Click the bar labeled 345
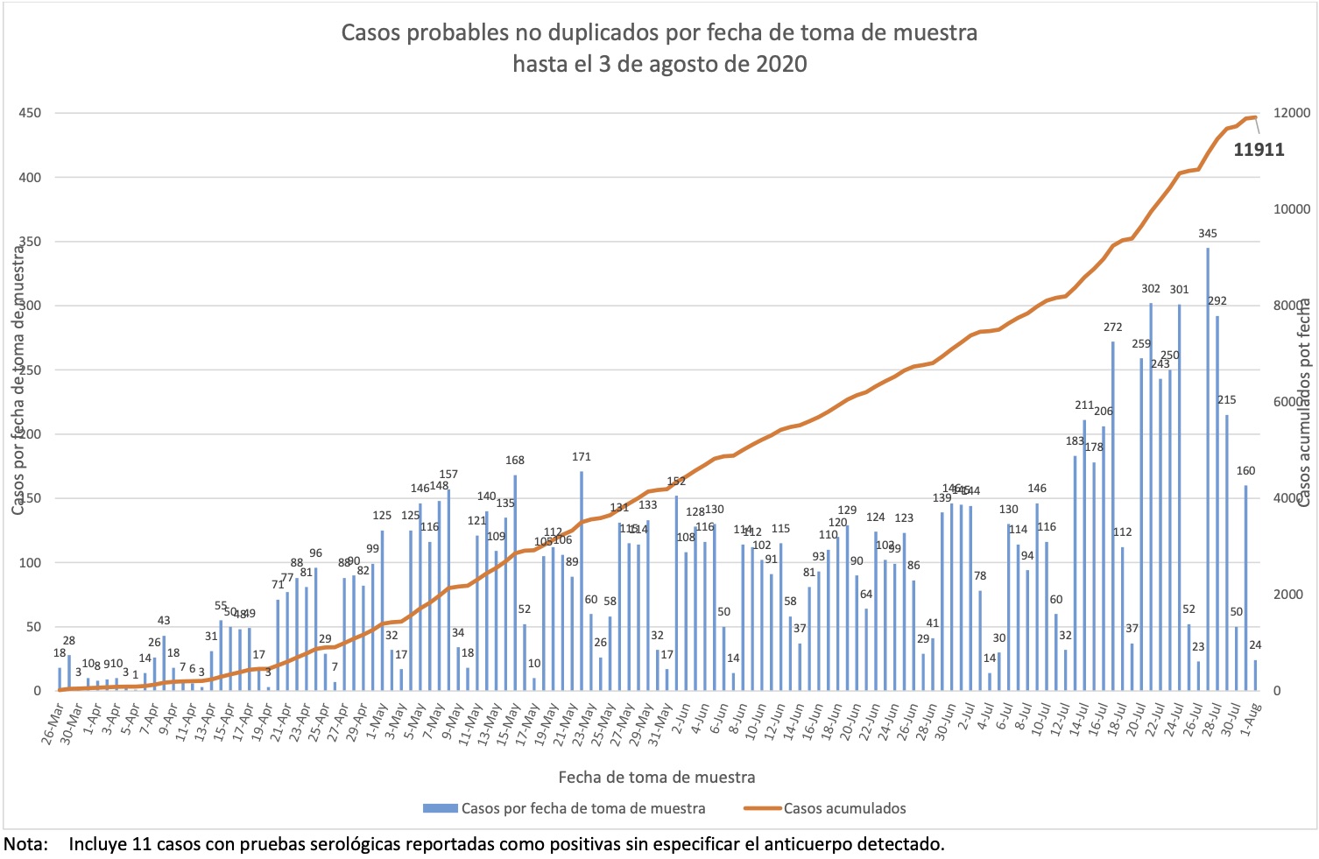(1208, 469)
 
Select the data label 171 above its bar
(581, 457)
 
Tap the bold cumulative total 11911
(1259, 150)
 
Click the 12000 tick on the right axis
(1292, 113)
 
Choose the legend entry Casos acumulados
(844, 808)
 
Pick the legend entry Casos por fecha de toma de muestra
(582, 808)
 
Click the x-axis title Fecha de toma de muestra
(656, 777)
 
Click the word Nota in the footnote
(25, 845)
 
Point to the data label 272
(1112, 327)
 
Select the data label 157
(448, 475)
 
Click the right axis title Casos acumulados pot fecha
(1303, 403)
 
